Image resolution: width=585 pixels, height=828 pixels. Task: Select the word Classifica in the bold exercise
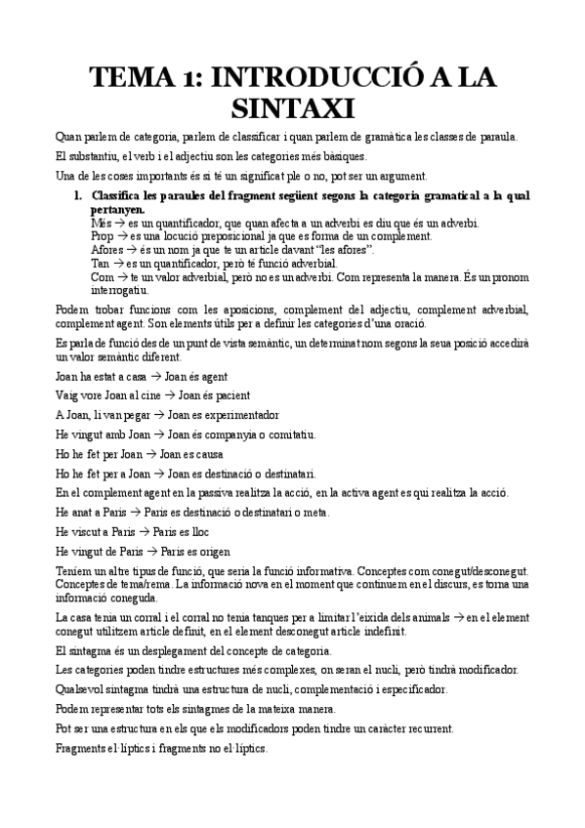tap(121, 196)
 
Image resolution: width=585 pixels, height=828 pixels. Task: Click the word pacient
tap(228, 395)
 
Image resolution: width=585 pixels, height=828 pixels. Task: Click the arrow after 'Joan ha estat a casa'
tap(154, 376)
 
